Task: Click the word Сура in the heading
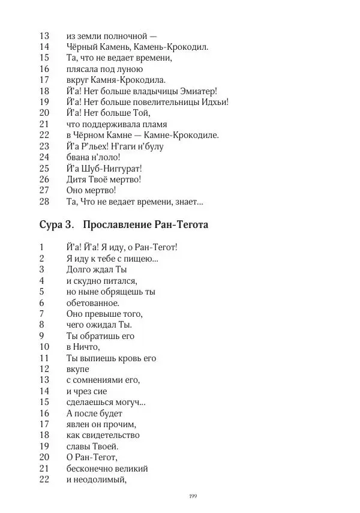pyautogui.click(x=51, y=226)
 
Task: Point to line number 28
pyautogui.click(x=44, y=201)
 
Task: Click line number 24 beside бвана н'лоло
pyautogui.click(x=44, y=157)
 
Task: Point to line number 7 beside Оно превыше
pyautogui.click(x=42, y=313)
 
